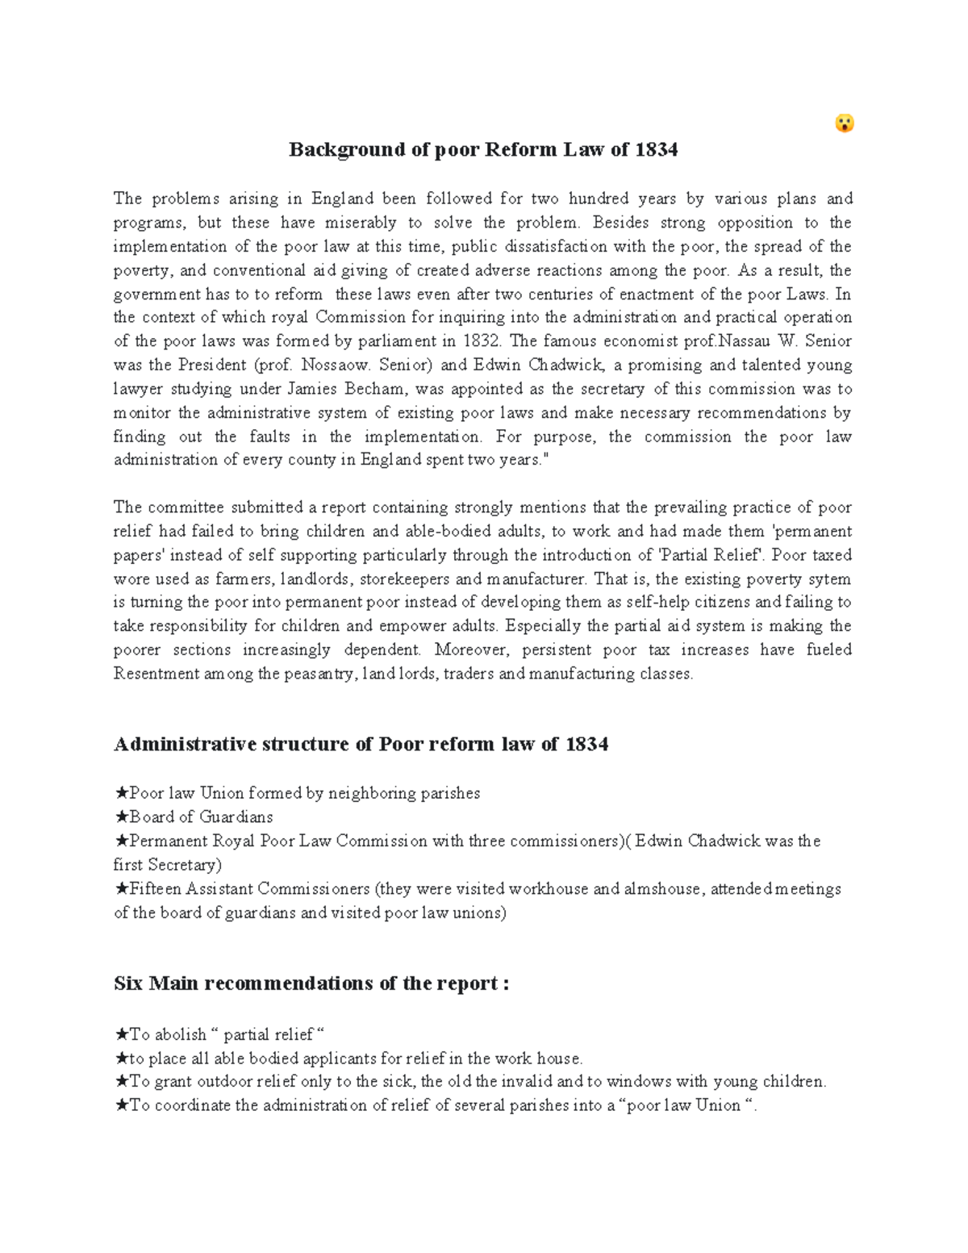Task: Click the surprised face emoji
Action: click(x=844, y=123)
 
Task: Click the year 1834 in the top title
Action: click(x=656, y=150)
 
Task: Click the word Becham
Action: click(x=374, y=389)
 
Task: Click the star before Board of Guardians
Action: click(x=121, y=817)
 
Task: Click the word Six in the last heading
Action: click(x=128, y=984)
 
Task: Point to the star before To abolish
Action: click(x=121, y=1034)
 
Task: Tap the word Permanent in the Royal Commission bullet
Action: click(x=169, y=841)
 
